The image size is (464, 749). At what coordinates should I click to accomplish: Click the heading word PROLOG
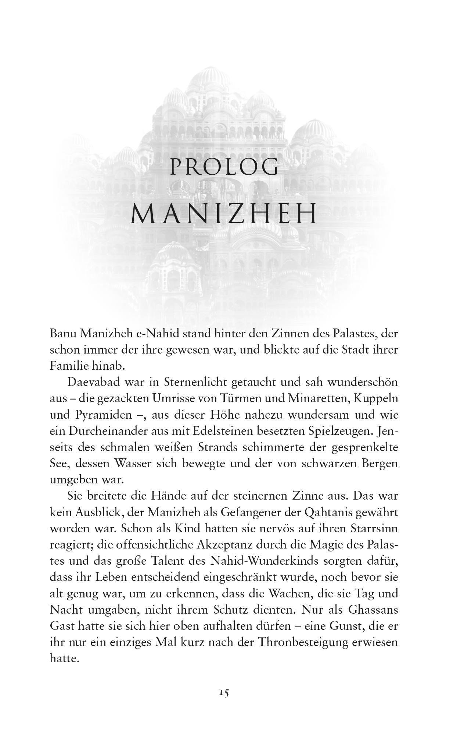[224, 167]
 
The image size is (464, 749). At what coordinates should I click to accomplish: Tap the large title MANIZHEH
[224, 214]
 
